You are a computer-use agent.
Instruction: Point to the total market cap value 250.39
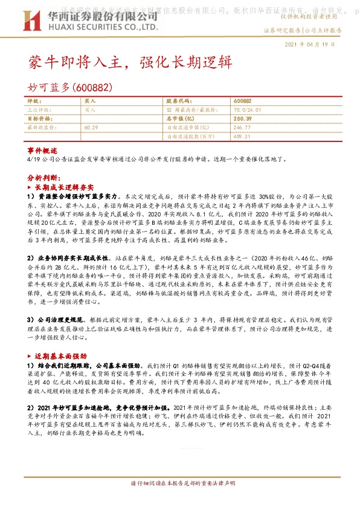coord(242,119)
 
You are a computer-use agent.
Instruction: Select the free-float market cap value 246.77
coord(242,128)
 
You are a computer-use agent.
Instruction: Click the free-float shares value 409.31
coord(242,137)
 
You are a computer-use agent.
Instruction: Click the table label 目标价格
coord(40,119)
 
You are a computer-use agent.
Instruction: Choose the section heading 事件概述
coord(42,150)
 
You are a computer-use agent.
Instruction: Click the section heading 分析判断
coord(44,179)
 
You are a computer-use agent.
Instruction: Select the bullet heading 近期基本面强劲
coord(63,357)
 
